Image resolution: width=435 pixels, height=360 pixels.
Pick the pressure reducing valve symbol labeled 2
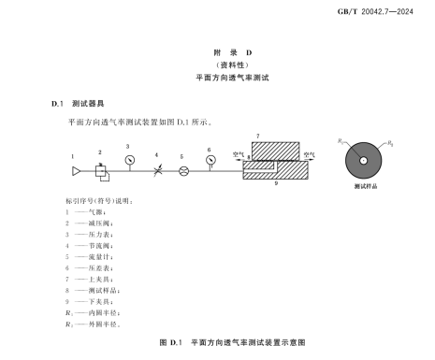(101, 170)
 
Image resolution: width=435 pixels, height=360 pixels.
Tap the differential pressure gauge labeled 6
(210, 157)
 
